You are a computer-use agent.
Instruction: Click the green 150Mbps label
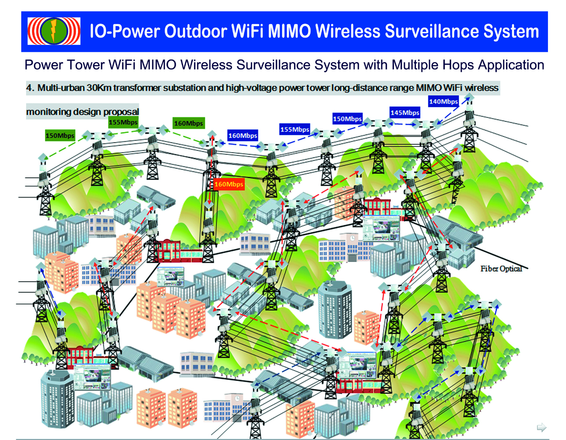coord(60,136)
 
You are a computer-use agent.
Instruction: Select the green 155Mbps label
coord(123,122)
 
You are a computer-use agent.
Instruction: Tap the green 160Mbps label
coord(188,123)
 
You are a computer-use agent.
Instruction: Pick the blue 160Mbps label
coord(243,136)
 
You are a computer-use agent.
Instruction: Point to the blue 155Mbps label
coord(295,129)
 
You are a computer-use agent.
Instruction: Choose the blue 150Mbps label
coord(347,119)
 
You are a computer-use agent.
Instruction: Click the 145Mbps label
coord(405,113)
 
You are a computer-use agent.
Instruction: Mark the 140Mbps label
coord(444,102)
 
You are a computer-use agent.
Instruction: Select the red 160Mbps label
coord(229,184)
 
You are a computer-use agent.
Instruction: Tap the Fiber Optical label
coord(501,269)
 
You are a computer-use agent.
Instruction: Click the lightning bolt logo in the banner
coord(54,31)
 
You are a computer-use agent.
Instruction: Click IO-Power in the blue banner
coord(124,32)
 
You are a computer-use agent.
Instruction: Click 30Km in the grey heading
coord(99,88)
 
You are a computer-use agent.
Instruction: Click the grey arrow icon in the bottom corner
coord(541,427)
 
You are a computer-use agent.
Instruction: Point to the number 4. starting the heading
coord(30,88)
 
